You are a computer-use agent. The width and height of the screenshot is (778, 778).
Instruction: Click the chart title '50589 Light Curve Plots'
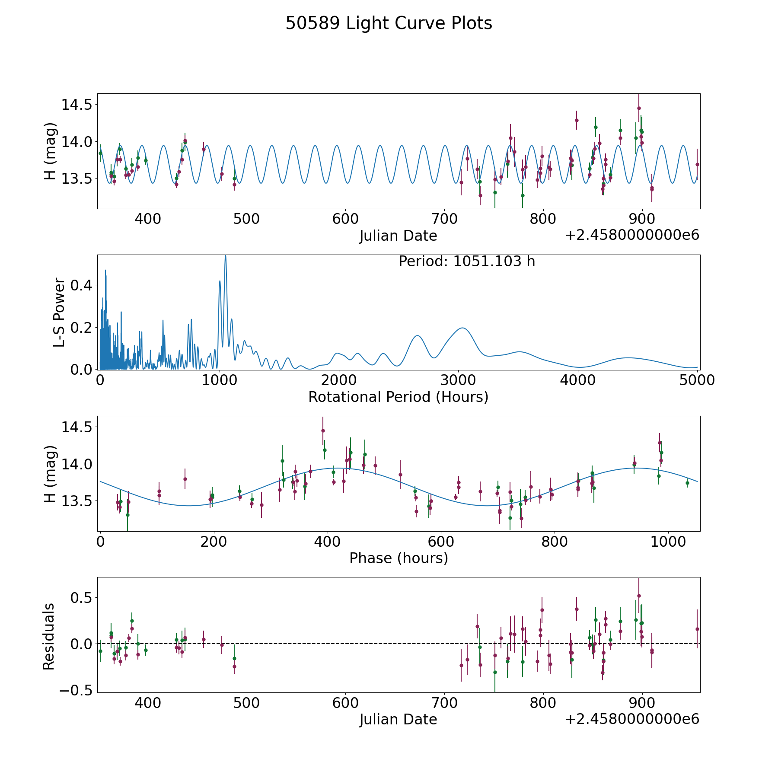pos(389,23)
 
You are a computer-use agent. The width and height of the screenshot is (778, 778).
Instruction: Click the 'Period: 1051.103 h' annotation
pos(467,261)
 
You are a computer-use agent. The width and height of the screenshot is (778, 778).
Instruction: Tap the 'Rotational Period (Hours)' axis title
pos(398,397)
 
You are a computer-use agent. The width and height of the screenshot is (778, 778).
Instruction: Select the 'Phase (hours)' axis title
pos(399,558)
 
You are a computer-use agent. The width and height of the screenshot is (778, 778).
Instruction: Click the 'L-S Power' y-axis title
pos(60,312)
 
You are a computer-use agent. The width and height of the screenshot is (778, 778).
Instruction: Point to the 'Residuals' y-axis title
pos(48,636)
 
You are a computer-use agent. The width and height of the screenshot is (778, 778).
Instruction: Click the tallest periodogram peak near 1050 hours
pos(225,256)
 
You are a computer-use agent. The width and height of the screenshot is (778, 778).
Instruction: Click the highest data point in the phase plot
pos(323,430)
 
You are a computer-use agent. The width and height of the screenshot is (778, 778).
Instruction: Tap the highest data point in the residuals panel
pos(639,596)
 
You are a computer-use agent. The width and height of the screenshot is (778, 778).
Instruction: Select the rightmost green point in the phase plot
pos(687,483)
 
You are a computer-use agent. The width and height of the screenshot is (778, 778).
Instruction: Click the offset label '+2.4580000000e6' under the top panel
pos(632,235)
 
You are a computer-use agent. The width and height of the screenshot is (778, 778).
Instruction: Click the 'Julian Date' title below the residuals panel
pos(398,720)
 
